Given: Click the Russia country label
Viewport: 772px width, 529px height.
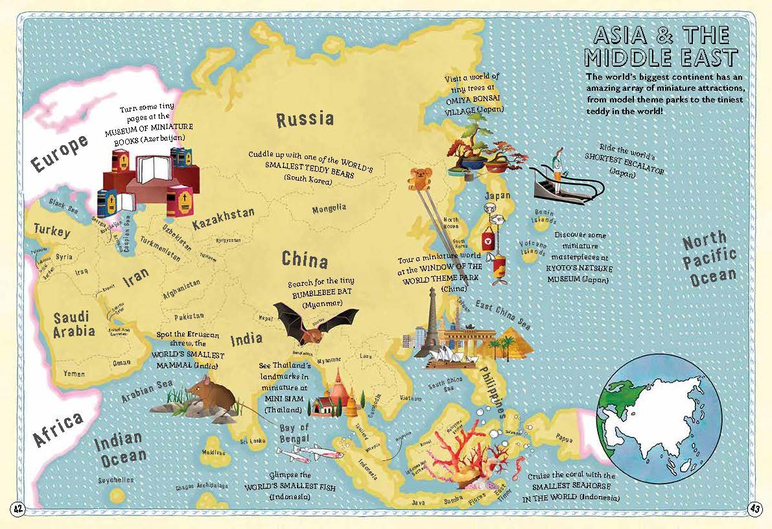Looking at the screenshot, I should [x=305, y=119].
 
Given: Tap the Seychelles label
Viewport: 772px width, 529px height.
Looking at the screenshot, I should [x=115, y=480].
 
